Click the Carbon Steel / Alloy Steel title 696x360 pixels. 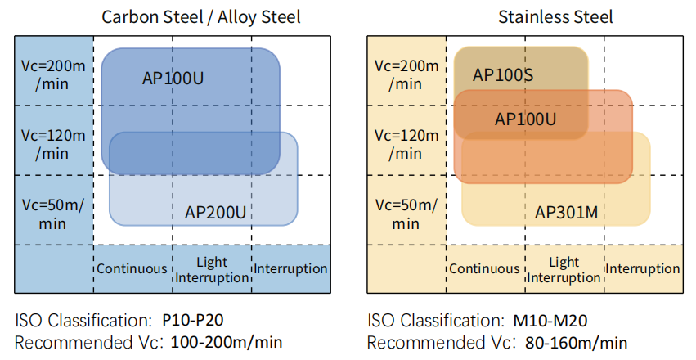200,17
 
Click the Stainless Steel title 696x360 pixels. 555,17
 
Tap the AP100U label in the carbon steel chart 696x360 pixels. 173,78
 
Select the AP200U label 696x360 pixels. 215,212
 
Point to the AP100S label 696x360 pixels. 503,74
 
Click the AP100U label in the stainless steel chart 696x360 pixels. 526,119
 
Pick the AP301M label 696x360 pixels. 567,212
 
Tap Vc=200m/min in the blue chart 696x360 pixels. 53,74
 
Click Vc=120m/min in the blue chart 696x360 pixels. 53,144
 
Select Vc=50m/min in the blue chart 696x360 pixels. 53,214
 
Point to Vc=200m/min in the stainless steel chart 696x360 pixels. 406,74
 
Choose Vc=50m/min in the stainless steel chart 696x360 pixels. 406,214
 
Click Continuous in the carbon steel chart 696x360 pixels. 132,268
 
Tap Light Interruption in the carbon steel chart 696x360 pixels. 212,270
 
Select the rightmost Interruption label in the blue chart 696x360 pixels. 290,268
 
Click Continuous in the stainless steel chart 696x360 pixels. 484,268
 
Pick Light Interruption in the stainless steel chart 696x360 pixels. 564,270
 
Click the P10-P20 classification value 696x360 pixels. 193,320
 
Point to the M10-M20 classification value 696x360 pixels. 550,321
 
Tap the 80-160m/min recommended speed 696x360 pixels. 576,343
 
